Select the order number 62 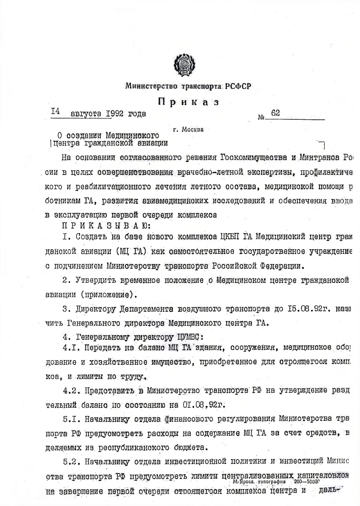pyautogui.click(x=276, y=113)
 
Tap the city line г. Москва pyautogui.click(x=188, y=129)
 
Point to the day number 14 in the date pyautogui.click(x=56, y=112)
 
